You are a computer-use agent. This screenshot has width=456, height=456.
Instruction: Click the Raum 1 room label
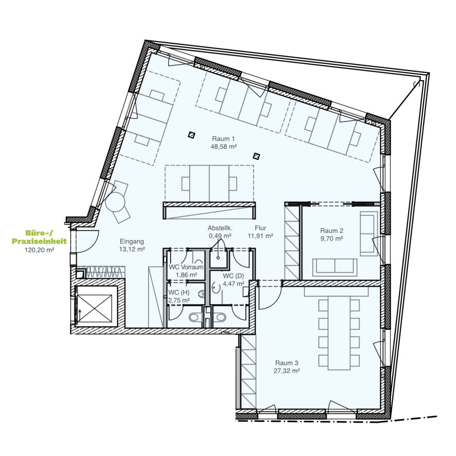[x=223, y=139]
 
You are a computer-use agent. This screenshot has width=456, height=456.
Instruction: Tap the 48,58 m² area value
[x=223, y=147]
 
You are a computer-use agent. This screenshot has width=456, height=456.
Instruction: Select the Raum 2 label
[x=332, y=231]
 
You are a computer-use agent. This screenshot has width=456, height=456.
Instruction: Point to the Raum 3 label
[x=286, y=363]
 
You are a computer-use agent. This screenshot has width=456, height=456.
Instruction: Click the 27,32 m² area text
[x=286, y=371]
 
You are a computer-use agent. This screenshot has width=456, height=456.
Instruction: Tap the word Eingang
[x=132, y=241]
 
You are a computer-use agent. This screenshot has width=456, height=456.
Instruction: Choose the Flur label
[x=260, y=228]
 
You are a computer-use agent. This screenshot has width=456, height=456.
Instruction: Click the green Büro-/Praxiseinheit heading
[x=39, y=237]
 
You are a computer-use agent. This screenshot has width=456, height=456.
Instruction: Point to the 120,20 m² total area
[x=39, y=250]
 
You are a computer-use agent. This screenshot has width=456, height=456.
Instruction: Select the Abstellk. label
[x=220, y=228]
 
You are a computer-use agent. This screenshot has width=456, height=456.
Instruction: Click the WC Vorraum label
[x=186, y=267]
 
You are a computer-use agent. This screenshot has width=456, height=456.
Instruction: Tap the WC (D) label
[x=233, y=276]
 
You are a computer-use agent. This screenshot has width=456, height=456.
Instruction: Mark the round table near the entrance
[x=115, y=202]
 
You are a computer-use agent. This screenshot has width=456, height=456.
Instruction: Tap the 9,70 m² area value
[x=332, y=239]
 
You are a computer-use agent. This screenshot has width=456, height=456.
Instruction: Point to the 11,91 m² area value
[x=260, y=236]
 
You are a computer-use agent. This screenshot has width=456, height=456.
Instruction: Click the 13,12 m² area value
[x=132, y=249]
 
